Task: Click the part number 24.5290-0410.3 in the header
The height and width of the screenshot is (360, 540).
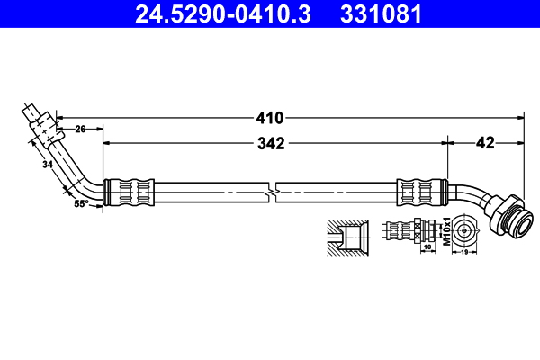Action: (223, 13)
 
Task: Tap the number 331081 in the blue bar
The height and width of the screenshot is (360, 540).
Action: (381, 13)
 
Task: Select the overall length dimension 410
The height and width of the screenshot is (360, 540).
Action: (270, 118)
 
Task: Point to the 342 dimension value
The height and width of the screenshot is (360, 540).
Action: (271, 144)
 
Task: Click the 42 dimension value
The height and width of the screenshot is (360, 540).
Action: (485, 143)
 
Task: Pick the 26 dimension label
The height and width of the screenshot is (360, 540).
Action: (80, 130)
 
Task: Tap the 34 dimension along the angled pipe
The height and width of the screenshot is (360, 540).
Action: (48, 165)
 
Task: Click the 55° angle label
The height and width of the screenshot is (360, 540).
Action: (81, 204)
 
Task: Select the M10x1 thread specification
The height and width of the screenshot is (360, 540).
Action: (446, 231)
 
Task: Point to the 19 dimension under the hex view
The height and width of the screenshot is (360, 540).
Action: (464, 252)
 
